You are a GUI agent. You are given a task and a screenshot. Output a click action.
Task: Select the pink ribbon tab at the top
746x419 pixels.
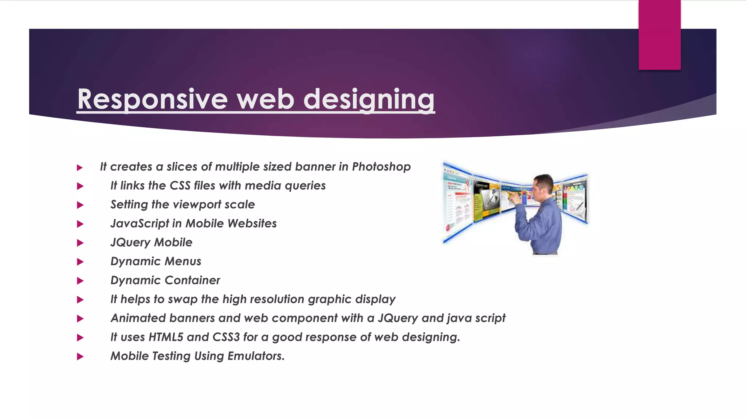(659, 35)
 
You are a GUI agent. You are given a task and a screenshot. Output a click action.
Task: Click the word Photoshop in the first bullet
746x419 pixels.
(381, 167)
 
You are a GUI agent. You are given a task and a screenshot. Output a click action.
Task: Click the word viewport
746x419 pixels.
(197, 205)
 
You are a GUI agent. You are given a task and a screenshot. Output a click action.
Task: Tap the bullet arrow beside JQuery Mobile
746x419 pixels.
(81, 243)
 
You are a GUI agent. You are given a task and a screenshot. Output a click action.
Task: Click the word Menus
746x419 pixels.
(183, 262)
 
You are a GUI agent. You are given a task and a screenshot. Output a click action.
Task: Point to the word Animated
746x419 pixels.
(138, 318)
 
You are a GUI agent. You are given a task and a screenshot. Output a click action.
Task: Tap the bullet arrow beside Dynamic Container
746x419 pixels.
(81, 281)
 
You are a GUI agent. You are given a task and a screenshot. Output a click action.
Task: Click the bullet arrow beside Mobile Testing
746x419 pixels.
(81, 356)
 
